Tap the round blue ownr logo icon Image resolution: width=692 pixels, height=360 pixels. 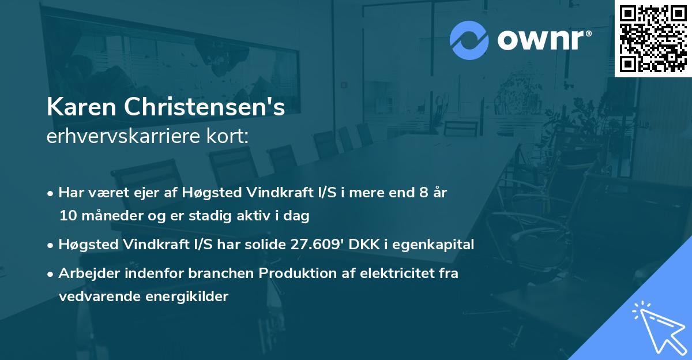(469, 40)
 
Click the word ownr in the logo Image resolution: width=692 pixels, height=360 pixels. (540, 41)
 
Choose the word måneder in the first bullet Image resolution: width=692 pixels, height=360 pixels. (108, 216)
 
